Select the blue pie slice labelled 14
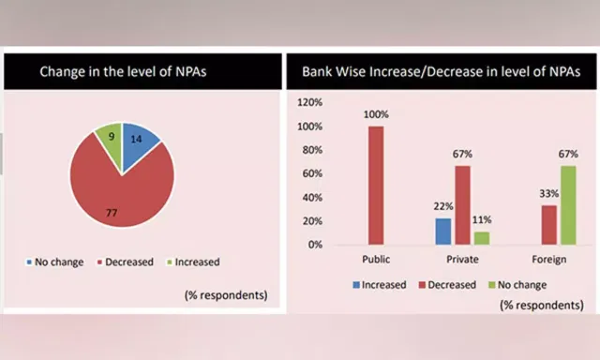[139, 143]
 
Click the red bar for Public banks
[376, 186]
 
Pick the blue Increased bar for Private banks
[443, 232]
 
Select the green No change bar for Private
[482, 238]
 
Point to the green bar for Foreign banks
[568, 205]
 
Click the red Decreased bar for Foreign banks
[549, 225]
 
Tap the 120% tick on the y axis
[310, 102]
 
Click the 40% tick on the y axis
[312, 198]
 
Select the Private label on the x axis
[462, 260]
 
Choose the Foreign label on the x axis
[549, 260]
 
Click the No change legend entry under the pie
[55, 262]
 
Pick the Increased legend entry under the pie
[194, 262]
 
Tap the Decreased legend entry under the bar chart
[448, 285]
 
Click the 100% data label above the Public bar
[376, 114]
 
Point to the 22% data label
[443, 206]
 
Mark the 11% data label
[482, 220]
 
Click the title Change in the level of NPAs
[123, 71]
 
